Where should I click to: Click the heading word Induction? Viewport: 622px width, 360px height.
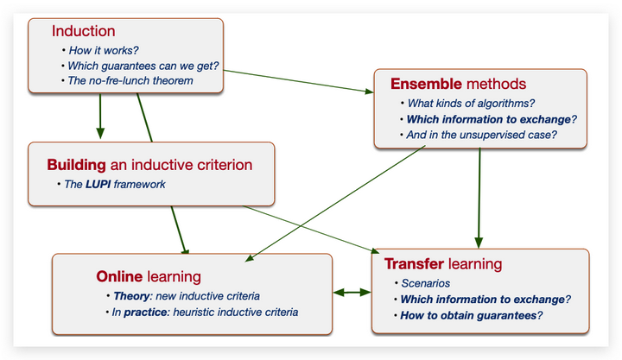[x=84, y=32]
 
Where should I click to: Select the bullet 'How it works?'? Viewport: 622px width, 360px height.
[x=103, y=50]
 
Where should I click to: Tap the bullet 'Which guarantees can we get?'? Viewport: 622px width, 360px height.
[x=139, y=66]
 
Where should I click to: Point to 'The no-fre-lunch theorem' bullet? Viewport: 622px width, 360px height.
[x=130, y=81]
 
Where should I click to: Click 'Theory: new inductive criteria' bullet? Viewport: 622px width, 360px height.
[x=186, y=295]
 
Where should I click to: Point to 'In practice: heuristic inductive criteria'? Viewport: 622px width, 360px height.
[x=205, y=312]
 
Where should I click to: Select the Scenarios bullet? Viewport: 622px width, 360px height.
[x=425, y=283]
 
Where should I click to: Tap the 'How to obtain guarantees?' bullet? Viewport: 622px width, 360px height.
[x=471, y=315]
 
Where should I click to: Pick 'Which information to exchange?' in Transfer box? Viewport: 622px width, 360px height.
[x=485, y=299]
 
